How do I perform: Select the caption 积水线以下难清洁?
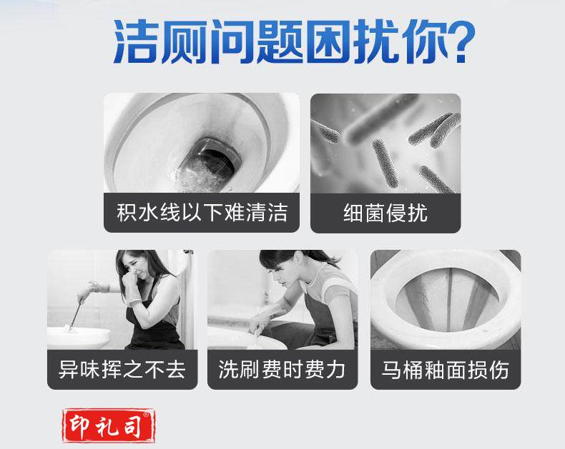pos(202,212)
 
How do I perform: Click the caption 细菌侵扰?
pos(385,213)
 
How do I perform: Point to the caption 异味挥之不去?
pos(122,370)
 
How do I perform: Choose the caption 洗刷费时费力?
pos(282,370)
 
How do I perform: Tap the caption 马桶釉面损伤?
pos(446,370)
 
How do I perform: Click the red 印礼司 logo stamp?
pos(109,425)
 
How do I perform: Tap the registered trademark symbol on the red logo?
pos(146,415)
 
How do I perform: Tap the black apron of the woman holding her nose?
pos(155,324)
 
